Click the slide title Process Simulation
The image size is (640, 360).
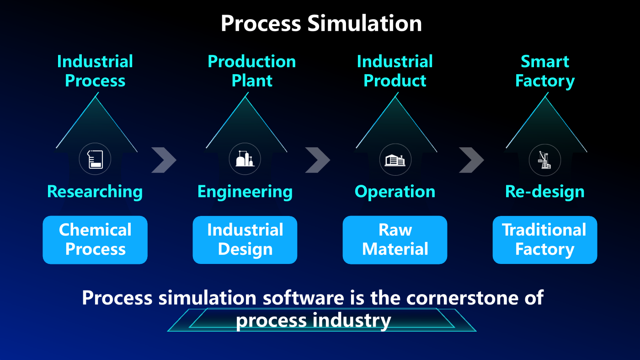(x=321, y=23)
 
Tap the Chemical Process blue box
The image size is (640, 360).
(x=95, y=240)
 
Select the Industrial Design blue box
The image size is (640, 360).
(x=245, y=240)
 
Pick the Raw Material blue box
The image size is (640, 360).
(x=395, y=240)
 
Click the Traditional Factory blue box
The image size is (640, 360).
(x=544, y=240)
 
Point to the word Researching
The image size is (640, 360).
(x=95, y=192)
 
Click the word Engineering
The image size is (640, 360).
(x=245, y=192)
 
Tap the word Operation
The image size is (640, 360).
(x=395, y=192)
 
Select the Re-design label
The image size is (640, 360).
(x=544, y=192)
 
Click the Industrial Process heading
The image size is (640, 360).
(x=95, y=71)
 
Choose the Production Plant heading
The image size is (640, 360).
(x=251, y=71)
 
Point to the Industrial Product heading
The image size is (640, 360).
(x=395, y=71)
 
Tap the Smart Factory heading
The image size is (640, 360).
(x=545, y=71)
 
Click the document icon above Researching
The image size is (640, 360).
(x=95, y=159)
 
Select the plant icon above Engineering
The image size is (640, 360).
(x=245, y=159)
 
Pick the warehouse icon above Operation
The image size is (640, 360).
(x=395, y=160)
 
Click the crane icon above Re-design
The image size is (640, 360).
(x=545, y=160)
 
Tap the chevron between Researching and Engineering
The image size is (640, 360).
(x=164, y=160)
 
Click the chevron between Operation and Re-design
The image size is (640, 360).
(x=471, y=160)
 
